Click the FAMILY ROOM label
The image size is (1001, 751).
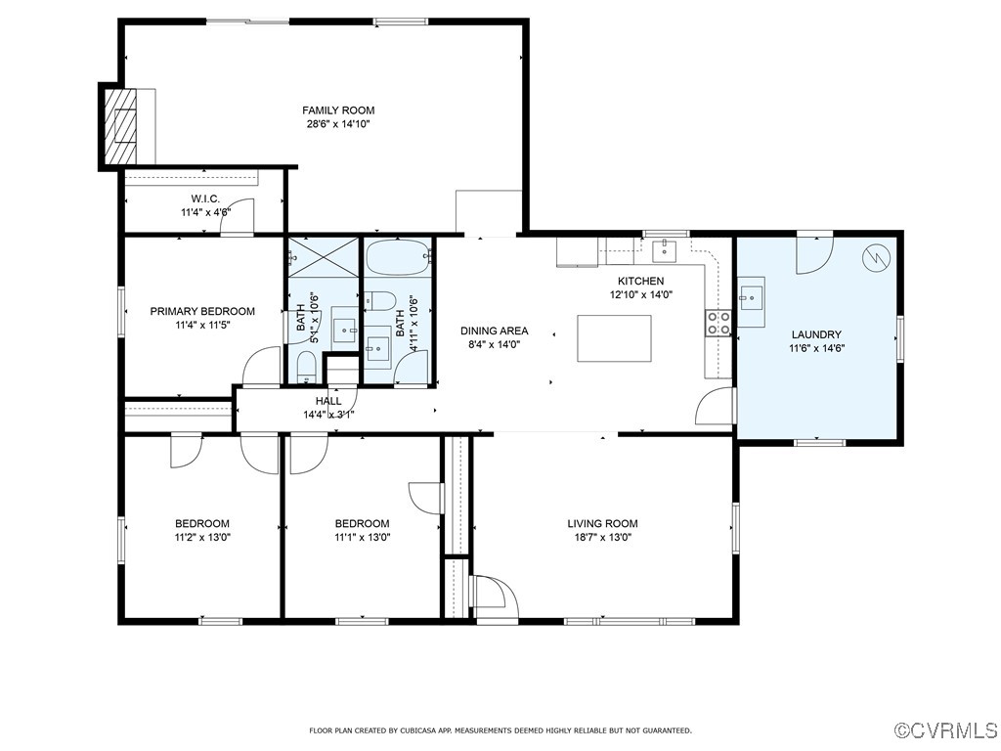pos(338,110)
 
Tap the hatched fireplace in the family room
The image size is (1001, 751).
pos(120,125)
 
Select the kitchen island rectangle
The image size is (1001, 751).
pos(614,338)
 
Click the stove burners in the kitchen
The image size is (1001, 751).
pos(718,323)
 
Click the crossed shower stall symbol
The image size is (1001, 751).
pos(323,257)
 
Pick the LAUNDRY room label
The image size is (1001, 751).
pos(816,334)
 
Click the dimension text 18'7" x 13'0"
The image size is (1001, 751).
pos(602,538)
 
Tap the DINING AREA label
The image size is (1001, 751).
pos(495,331)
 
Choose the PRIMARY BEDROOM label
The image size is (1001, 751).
pos(202,312)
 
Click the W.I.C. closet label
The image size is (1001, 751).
pos(205,199)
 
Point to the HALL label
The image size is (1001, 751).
pos(328,401)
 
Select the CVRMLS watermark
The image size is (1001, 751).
pos(946,729)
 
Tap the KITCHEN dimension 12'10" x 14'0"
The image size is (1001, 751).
pos(641,295)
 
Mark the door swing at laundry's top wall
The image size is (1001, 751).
pos(814,255)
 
